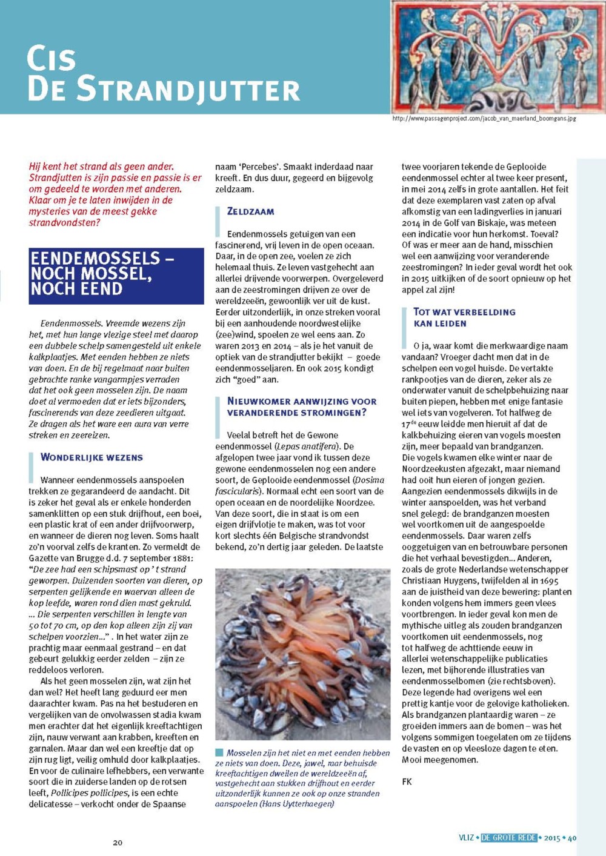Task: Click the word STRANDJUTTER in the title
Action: (188, 90)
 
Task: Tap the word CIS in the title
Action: (51, 59)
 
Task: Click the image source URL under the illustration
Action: (484, 119)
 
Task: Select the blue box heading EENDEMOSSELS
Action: (116, 274)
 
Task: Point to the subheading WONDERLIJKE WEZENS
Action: (92, 457)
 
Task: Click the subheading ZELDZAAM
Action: (250, 211)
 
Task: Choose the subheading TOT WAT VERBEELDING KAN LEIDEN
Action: (464, 317)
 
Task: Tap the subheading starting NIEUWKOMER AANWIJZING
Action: (301, 406)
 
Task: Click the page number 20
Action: (118, 843)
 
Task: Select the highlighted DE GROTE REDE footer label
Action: (509, 838)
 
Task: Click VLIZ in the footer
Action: (466, 838)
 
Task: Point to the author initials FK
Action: (407, 782)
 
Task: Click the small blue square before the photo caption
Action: (219, 752)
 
